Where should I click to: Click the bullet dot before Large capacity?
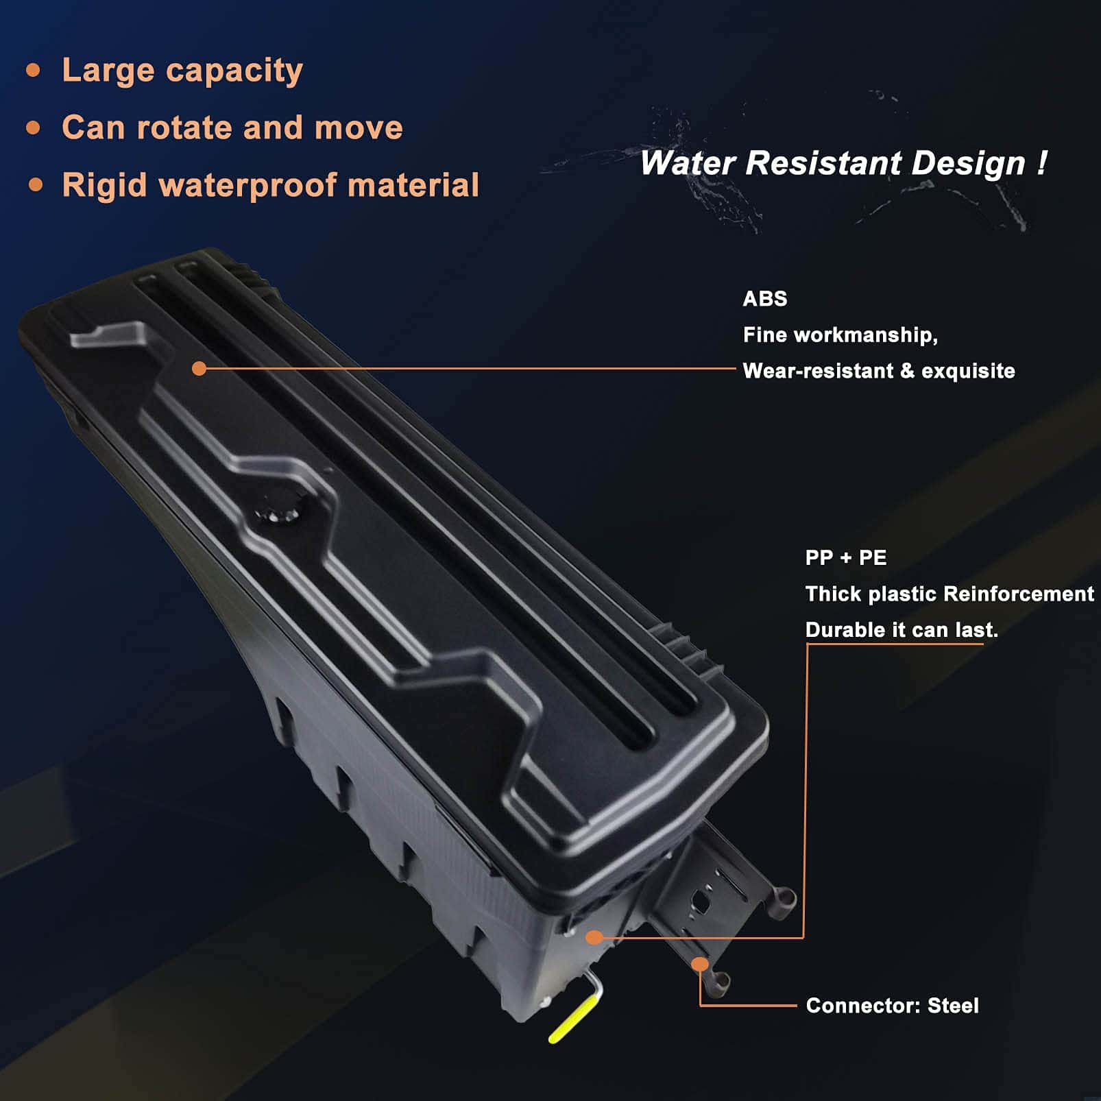tap(33, 70)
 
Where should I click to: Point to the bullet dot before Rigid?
tap(36, 185)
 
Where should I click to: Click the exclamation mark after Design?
tap(1042, 163)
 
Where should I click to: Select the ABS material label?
tap(765, 299)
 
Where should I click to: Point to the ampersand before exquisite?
tap(907, 371)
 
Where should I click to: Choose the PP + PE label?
tap(846, 557)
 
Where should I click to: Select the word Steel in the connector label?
tap(953, 1006)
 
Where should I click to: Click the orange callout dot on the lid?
tap(199, 369)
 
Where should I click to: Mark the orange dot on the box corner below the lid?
tap(594, 937)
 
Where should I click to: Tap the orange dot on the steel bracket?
tap(699, 965)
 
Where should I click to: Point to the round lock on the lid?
tap(278, 512)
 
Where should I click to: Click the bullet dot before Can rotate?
tap(33, 128)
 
